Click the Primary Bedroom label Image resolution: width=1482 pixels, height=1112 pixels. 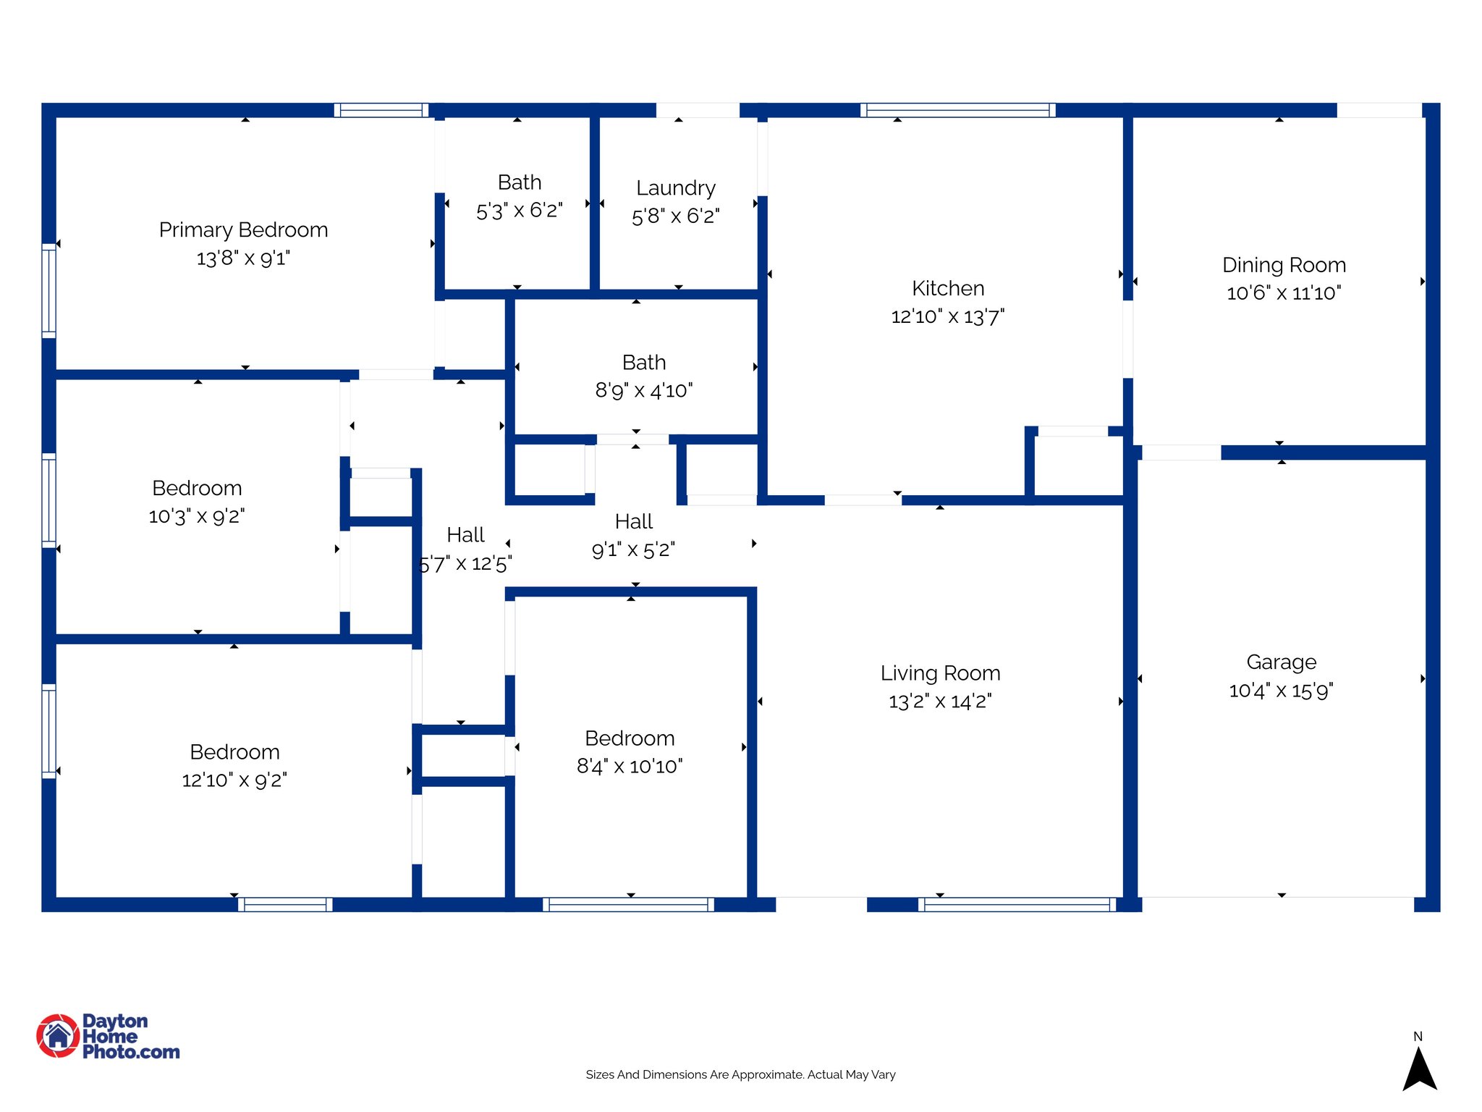coord(243,230)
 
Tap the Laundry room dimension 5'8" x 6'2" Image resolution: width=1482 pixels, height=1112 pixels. coord(675,216)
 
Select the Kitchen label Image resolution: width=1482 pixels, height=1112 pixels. coord(948,289)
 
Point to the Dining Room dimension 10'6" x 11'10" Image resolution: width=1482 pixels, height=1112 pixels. coord(1284,293)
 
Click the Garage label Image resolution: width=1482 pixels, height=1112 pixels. coord(1281,662)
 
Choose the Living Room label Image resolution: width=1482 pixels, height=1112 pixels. coord(940,673)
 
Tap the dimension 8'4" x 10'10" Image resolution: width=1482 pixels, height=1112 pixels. coord(630,767)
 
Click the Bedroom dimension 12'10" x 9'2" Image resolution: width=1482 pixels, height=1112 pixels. coord(234,780)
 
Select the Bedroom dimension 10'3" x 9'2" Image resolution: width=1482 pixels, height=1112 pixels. coord(197,517)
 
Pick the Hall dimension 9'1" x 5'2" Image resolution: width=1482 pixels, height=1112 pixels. coord(633,550)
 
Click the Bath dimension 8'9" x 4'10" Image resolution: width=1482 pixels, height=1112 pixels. coord(643,391)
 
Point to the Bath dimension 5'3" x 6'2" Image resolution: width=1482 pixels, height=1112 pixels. coord(519,211)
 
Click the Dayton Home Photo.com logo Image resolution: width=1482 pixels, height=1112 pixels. coord(109,1036)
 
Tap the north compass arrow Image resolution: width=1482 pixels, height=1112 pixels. coord(1419,1070)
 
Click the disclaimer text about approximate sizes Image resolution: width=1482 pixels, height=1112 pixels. coord(740,1075)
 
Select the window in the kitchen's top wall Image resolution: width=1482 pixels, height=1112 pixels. coord(957,110)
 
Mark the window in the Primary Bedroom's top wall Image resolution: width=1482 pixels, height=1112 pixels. coord(381,110)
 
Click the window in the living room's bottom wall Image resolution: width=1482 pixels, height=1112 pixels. coord(1017,904)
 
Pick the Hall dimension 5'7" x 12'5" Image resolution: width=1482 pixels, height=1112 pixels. coord(465,564)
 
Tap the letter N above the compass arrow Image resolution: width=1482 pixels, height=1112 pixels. coord(1418,1037)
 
